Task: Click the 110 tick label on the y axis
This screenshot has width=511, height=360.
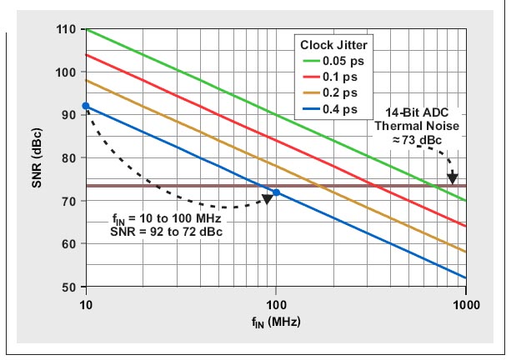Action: tap(67, 30)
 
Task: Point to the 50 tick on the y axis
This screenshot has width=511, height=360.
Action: tap(70, 287)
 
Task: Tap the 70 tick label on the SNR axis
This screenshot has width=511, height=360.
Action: tap(70, 201)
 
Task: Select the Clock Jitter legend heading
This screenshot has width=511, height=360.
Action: tap(335, 45)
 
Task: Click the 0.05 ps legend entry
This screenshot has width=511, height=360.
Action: tap(345, 60)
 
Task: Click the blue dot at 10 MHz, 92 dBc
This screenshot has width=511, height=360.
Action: tap(86, 106)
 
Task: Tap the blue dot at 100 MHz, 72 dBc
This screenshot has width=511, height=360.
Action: tap(277, 192)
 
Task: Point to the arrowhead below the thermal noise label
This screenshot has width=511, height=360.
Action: tap(453, 177)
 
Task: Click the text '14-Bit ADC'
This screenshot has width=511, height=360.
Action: tap(414, 112)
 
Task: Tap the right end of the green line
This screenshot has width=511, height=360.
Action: tap(465, 201)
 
